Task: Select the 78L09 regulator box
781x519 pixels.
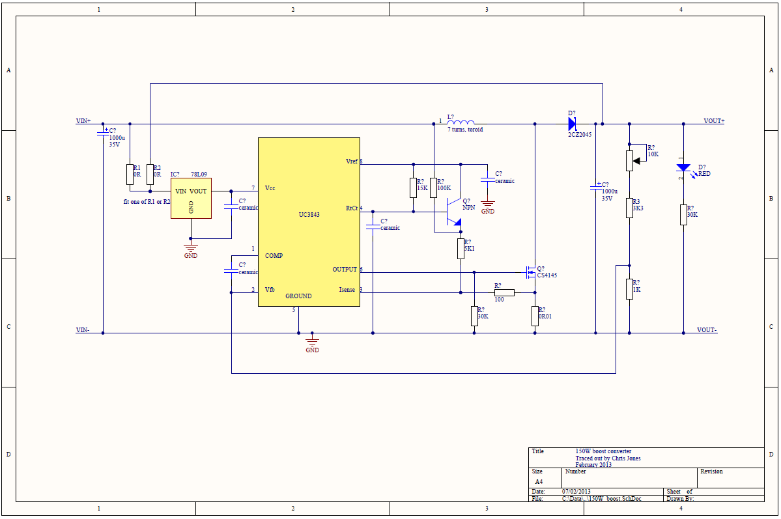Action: point(191,199)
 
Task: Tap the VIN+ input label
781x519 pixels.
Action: point(83,121)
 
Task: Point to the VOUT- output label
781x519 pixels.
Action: point(707,330)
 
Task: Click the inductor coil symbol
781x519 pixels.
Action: point(461,122)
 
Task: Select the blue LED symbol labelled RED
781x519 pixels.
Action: point(683,168)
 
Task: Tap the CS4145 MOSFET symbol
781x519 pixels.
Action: point(531,272)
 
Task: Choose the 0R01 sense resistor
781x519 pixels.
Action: point(535,316)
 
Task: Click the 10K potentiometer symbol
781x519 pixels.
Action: point(630,160)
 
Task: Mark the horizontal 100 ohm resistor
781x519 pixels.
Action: point(504,292)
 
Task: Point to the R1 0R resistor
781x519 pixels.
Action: point(130,174)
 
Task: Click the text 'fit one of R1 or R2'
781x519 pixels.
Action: point(147,201)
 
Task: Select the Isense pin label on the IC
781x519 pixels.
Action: point(347,290)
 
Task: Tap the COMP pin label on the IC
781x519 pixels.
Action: point(274,256)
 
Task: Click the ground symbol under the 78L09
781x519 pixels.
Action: point(190,248)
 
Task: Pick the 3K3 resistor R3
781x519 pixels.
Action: point(629,208)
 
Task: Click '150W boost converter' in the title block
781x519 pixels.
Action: point(603,451)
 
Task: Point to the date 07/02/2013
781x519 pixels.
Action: point(576,491)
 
